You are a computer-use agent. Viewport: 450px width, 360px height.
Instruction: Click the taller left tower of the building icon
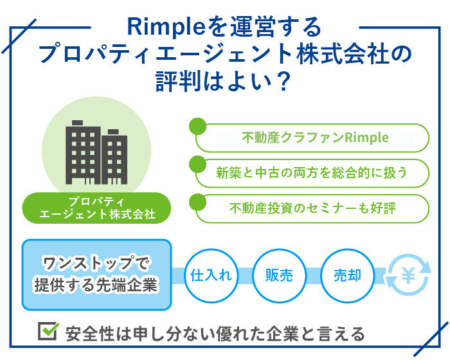(83, 152)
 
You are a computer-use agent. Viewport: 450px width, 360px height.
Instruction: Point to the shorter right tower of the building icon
(114, 157)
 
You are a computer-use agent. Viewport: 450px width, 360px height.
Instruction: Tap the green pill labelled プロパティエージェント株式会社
(96, 208)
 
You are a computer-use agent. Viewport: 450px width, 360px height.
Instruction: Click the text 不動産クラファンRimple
(315, 138)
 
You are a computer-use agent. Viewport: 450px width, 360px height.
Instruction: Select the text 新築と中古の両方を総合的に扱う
(312, 173)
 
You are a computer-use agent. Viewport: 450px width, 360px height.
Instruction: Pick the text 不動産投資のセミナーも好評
(313, 208)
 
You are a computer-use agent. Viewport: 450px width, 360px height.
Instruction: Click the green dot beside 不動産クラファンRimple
(198, 126)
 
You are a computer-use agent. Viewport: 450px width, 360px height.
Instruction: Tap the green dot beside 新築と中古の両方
(198, 164)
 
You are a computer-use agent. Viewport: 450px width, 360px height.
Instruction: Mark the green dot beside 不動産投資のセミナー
(198, 202)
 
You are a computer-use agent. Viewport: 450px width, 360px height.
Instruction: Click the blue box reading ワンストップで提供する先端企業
(96, 274)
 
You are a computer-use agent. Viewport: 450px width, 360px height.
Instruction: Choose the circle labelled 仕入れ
(212, 276)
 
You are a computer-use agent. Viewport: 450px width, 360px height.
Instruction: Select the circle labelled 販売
(279, 276)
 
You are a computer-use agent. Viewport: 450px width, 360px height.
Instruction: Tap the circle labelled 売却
(347, 276)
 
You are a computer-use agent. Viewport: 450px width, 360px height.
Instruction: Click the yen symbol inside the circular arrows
(408, 275)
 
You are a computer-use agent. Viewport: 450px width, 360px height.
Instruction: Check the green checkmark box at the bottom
(48, 331)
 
